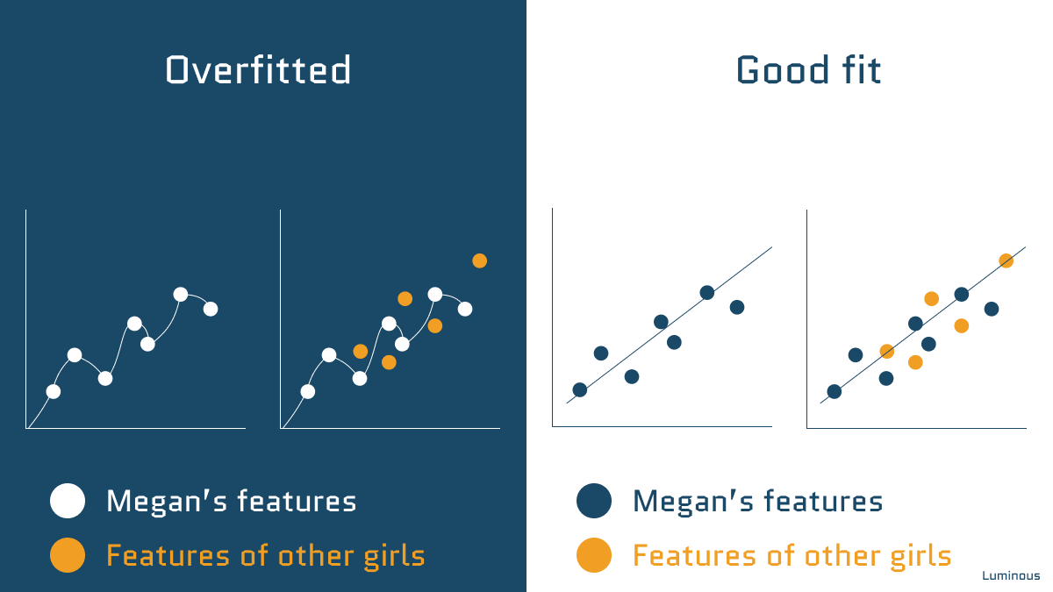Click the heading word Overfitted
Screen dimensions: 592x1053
tap(258, 70)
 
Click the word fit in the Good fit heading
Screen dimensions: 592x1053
tap(860, 70)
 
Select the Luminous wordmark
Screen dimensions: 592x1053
tap(1011, 576)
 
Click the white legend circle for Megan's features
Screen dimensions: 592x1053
tap(68, 502)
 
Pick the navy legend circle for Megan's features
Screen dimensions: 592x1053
tap(594, 502)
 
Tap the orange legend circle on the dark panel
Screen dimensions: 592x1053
tap(68, 555)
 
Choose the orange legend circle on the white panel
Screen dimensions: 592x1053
tap(594, 555)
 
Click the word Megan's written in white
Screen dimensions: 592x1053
tap(161, 502)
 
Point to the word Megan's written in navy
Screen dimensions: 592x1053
tap(687, 502)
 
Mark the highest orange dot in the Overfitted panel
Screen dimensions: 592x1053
tap(479, 260)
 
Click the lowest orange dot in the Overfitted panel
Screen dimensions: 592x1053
tap(389, 362)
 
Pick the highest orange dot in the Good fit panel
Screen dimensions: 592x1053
tap(1006, 260)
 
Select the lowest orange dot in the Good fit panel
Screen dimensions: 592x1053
tap(915, 362)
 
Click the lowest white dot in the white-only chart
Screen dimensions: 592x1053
tap(54, 391)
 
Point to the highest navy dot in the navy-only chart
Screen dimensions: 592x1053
tap(707, 292)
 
